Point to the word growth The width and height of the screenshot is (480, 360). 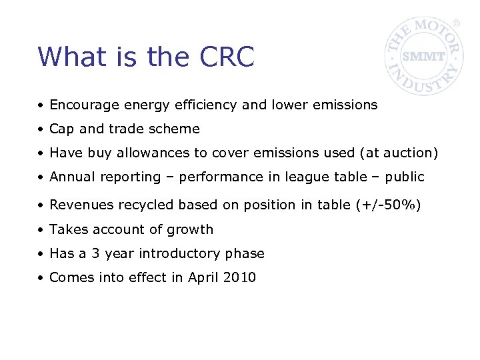(x=192, y=229)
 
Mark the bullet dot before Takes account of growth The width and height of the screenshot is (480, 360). (x=41, y=230)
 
